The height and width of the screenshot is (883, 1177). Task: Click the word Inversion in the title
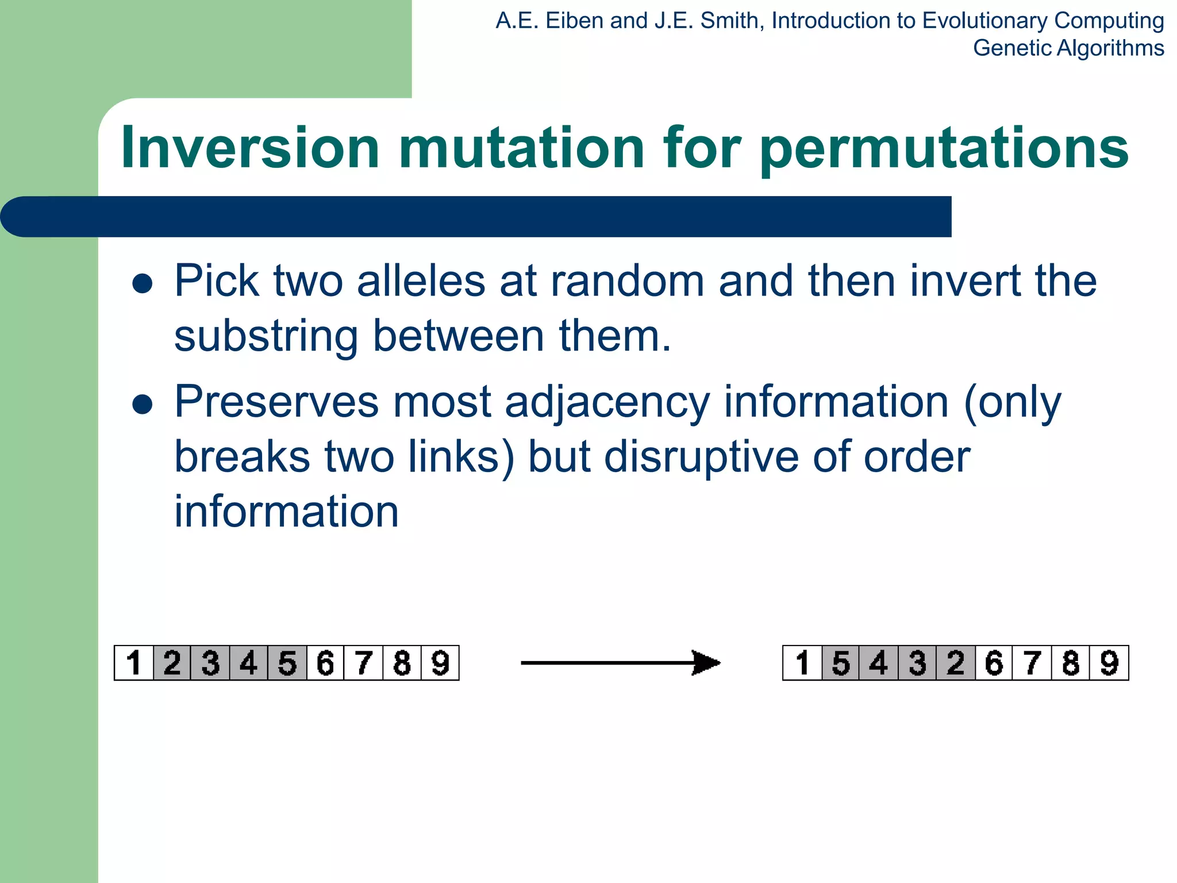(250, 148)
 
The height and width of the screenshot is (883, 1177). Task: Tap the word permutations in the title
(944, 148)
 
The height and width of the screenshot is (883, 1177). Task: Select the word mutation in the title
(521, 148)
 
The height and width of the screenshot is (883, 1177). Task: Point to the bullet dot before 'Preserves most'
(142, 404)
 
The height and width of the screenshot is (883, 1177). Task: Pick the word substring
(265, 336)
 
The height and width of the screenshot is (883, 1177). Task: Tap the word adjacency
(607, 402)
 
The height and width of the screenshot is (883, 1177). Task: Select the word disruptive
(701, 457)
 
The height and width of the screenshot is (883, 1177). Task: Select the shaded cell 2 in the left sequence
(172, 663)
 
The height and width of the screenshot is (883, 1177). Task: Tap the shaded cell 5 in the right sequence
(841, 663)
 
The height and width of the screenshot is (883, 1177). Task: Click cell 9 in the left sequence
(440, 663)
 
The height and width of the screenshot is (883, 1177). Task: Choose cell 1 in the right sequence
(802, 663)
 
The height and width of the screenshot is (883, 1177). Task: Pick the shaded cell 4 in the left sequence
(248, 663)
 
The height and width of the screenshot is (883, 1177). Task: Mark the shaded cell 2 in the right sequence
(956, 663)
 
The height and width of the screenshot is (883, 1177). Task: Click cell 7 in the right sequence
(1032, 663)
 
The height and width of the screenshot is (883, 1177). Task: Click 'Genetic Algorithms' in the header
(1068, 48)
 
